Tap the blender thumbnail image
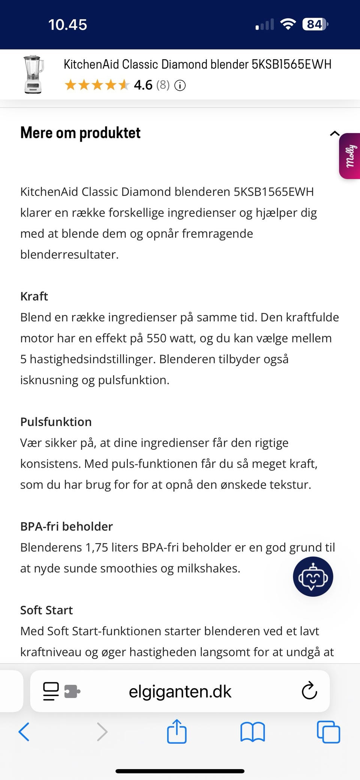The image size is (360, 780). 33,74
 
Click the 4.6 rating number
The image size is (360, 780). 143,85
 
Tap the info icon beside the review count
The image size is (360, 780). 180,86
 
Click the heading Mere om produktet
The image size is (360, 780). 80,133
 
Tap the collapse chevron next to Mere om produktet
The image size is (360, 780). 334,133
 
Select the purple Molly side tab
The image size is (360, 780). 350,156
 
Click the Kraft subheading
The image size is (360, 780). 34,296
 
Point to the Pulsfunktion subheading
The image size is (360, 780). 56,422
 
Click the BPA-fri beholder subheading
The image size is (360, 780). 66,527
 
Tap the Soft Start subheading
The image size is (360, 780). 46,610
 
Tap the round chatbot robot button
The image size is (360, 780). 313,577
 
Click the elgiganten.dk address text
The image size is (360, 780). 180,692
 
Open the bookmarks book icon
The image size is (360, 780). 252,732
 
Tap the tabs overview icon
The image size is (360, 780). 328,732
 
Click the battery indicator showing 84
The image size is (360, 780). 315,24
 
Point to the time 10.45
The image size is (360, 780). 67,25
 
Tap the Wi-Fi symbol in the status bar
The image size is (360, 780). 288,24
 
